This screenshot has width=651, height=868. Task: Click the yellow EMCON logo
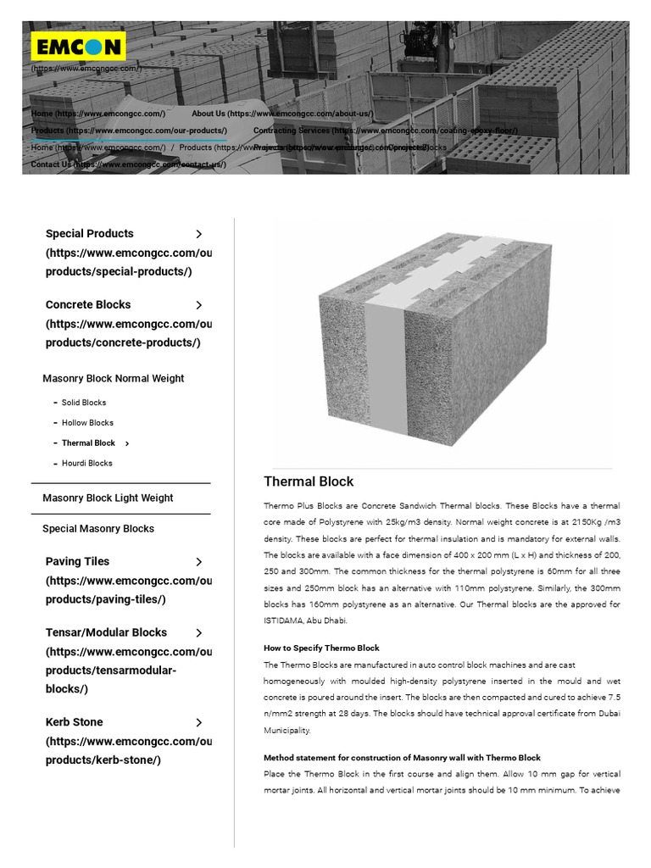tap(78, 46)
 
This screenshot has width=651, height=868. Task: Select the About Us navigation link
tap(281, 113)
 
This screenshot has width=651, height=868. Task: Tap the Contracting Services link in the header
tap(385, 131)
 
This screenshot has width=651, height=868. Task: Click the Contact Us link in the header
tap(128, 164)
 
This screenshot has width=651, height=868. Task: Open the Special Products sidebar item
tap(90, 234)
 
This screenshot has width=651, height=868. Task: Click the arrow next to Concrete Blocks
tap(198, 305)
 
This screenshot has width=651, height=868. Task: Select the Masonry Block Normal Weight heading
tap(113, 379)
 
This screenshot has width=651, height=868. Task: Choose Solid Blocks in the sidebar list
tap(84, 403)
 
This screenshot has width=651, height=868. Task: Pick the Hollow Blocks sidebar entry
tap(87, 423)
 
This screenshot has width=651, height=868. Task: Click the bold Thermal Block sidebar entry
tap(88, 443)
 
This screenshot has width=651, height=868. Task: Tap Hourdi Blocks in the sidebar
tap(86, 464)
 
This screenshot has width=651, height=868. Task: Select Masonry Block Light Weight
tap(108, 498)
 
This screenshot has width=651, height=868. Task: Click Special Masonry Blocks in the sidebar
tap(98, 529)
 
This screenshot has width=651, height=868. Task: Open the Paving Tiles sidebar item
tap(77, 562)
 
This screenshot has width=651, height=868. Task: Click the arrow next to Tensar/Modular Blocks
tap(198, 633)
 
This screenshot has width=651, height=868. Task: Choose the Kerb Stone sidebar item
tap(74, 722)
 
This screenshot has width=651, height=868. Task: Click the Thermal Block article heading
tap(309, 481)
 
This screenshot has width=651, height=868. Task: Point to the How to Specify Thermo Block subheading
tap(321, 648)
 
